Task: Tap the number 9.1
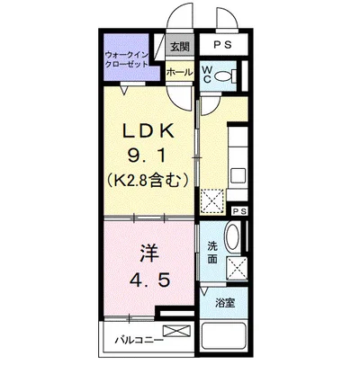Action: [x=148, y=155]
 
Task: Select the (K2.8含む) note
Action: [x=148, y=178]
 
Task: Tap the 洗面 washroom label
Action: [x=212, y=251]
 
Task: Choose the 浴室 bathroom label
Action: [x=225, y=303]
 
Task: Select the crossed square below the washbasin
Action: [x=238, y=268]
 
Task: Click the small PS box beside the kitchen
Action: [x=238, y=211]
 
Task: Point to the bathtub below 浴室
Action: [x=227, y=339]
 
